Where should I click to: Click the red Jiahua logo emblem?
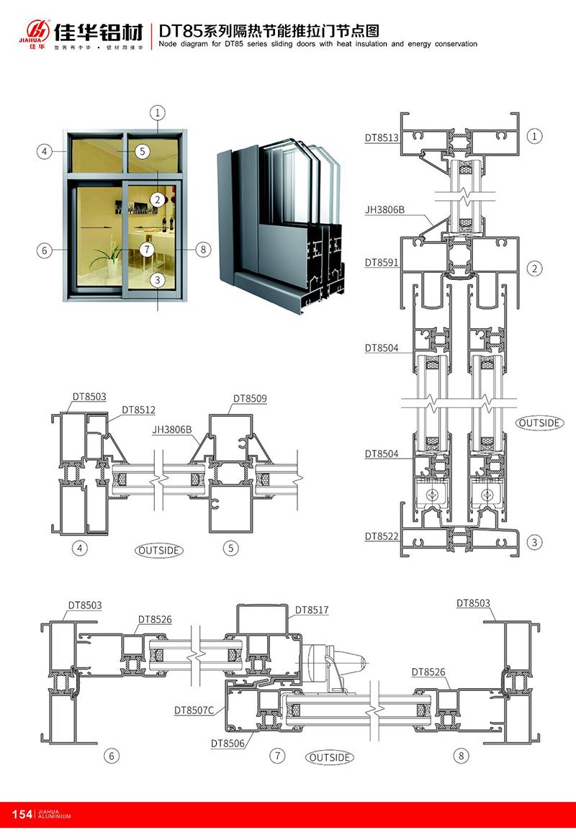tap(37, 30)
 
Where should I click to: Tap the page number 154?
tap(22, 814)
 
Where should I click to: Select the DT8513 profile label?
tap(381, 137)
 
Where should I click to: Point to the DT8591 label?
tap(381, 263)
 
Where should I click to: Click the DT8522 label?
tap(381, 536)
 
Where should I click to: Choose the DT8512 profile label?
tap(138, 410)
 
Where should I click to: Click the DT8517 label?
tap(311, 610)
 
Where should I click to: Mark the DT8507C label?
tap(194, 710)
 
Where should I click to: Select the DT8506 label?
tap(228, 742)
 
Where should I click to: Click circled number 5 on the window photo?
tap(142, 151)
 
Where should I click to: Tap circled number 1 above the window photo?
tap(158, 112)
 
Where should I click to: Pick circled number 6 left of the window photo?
tap(45, 250)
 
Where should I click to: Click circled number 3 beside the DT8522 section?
tap(534, 541)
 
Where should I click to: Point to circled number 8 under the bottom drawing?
tap(461, 756)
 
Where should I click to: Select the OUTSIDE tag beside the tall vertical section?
tap(539, 423)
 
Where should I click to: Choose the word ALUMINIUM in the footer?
tap(54, 817)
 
